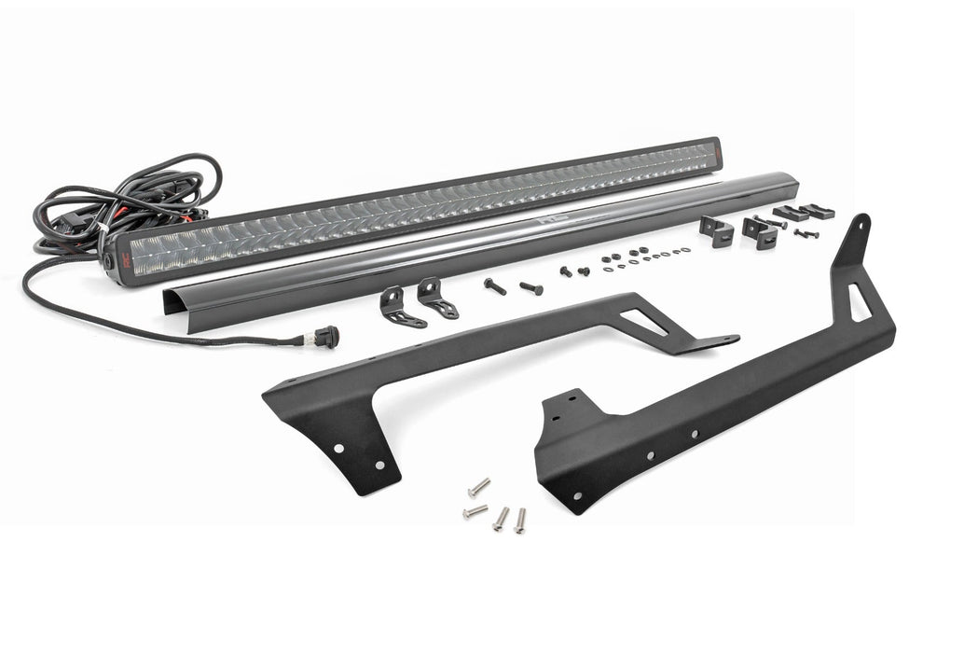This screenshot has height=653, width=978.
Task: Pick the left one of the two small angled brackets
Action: (398, 306)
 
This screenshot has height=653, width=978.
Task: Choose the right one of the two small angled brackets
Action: (435, 297)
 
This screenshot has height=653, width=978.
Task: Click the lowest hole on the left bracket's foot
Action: (379, 464)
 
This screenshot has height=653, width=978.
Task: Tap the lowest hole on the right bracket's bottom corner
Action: (578, 496)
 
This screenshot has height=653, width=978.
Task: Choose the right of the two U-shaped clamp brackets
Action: (761, 233)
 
